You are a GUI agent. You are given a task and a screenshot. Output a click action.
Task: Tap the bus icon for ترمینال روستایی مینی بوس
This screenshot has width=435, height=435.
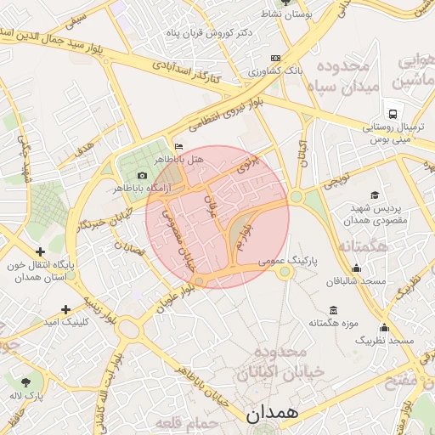click(393, 114)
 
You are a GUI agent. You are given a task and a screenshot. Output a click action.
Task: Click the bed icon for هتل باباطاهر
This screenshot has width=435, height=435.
click(178, 146)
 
